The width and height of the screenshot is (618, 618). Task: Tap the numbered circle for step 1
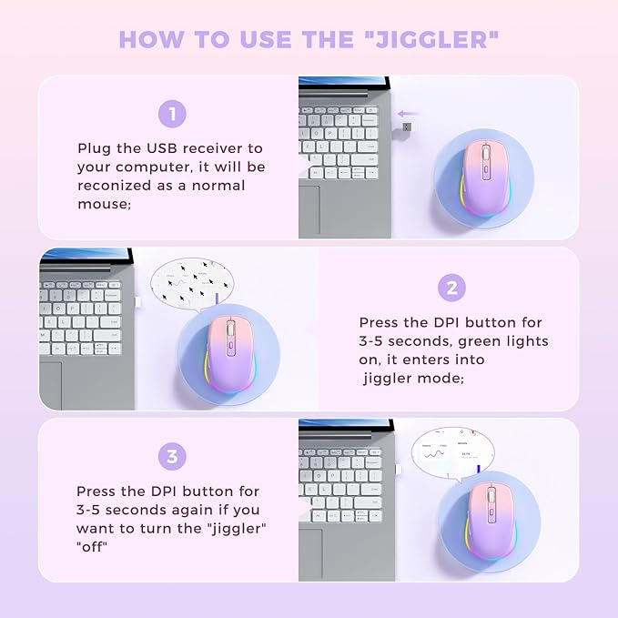coord(172,114)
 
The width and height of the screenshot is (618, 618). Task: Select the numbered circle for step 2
coord(452,289)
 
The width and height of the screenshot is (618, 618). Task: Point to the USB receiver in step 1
coord(404,127)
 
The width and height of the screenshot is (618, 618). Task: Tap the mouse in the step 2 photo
coord(225,350)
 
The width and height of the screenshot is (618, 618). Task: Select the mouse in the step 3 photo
coord(488,520)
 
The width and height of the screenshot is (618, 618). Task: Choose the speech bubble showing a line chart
coord(450,451)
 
